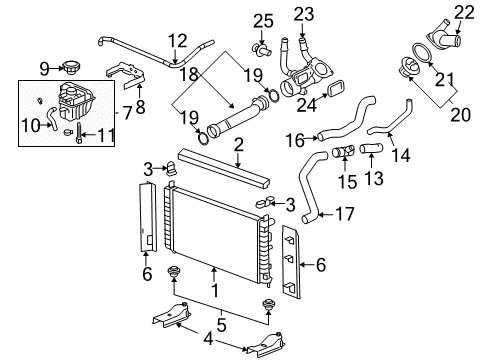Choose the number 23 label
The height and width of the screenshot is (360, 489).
click(303, 14)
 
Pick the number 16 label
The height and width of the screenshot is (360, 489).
click(297, 140)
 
